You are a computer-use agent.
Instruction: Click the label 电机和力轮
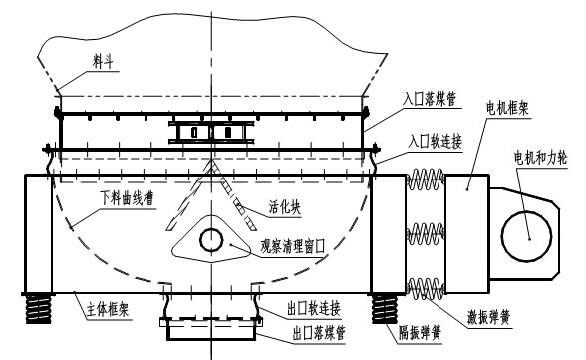tap(536, 159)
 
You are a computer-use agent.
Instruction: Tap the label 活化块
tap(286, 211)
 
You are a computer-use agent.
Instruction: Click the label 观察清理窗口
tap(294, 242)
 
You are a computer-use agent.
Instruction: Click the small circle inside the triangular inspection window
tap(211, 240)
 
